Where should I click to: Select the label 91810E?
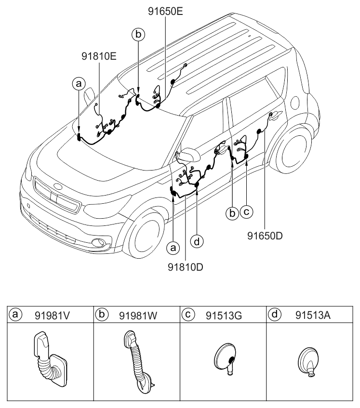[x=99, y=56]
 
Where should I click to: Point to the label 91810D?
[x=186, y=266]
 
